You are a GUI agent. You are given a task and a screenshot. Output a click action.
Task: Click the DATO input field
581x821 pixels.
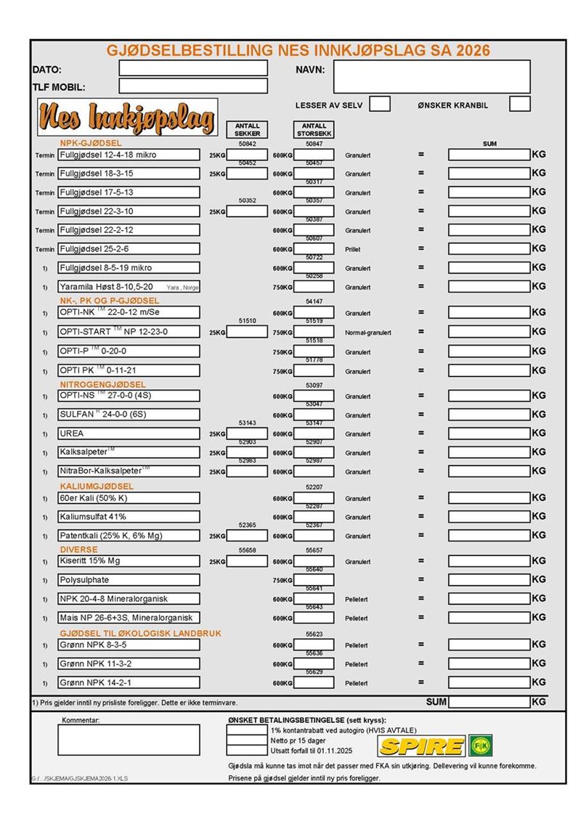tap(192, 69)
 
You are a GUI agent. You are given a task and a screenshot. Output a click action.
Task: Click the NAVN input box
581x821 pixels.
tap(431, 76)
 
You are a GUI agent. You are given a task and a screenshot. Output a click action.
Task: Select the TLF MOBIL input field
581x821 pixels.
tap(192, 86)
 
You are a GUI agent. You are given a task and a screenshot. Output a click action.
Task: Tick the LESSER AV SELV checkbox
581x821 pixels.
tap(380, 104)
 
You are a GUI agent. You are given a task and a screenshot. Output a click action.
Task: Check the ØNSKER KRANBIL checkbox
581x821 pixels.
tap(519, 104)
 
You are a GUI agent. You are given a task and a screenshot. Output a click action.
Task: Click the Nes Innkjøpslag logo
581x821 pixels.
tap(127, 117)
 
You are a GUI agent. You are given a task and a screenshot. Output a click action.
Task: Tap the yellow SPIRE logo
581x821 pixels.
tap(422, 746)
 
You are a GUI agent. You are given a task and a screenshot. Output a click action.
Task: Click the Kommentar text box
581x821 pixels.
tap(129, 740)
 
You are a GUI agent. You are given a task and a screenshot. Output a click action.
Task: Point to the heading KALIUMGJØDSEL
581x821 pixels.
tap(97, 486)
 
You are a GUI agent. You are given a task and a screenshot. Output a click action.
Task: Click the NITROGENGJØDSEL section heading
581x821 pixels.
tap(102, 384)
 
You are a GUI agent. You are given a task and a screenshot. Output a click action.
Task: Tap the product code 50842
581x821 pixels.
tap(248, 144)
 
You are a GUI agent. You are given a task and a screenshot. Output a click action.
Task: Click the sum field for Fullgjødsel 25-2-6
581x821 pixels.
tap(489, 249)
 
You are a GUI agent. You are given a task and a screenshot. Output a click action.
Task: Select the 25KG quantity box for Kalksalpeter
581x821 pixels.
tap(248, 453)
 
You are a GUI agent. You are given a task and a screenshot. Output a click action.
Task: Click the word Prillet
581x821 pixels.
tap(353, 249)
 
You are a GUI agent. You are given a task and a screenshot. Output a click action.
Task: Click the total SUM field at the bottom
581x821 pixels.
tap(489, 702)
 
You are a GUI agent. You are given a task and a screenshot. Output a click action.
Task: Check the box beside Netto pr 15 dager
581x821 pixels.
tap(246, 740)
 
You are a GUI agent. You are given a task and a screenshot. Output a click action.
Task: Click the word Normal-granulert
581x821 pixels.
tap(368, 332)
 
